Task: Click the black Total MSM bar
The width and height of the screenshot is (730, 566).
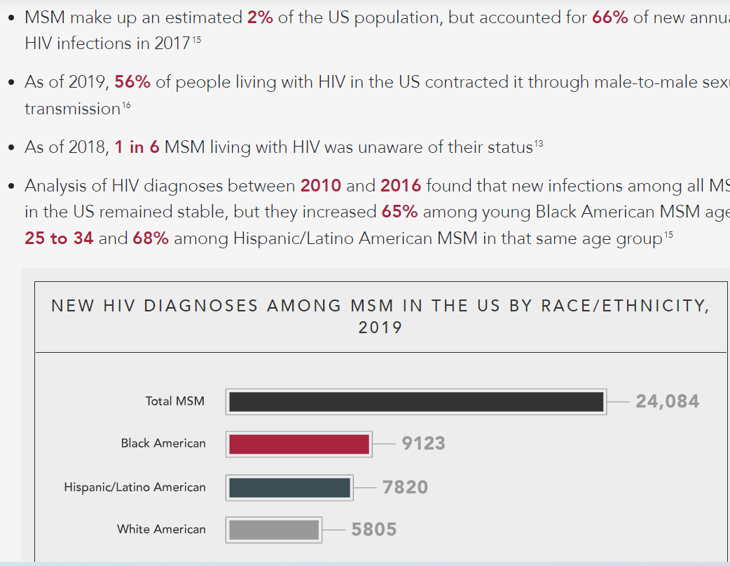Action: point(416,402)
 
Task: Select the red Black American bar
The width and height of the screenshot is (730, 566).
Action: point(299,444)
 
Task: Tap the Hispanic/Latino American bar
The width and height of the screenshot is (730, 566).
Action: point(289,487)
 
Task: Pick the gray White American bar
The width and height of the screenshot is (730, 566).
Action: point(274,530)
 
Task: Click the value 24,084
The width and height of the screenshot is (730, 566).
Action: point(667,401)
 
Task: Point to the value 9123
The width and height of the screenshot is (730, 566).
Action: point(423,444)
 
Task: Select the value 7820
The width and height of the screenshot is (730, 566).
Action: point(405,487)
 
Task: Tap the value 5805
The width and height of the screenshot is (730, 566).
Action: point(374,530)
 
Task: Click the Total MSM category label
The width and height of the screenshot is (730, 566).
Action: point(175,401)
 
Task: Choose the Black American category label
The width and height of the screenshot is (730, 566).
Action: point(163,443)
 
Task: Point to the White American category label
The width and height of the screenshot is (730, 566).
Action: point(161,530)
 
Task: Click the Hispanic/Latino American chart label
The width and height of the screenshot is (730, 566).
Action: point(135,487)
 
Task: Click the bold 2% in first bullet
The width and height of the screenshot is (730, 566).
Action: point(260,17)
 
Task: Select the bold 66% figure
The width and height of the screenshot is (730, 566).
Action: point(610,17)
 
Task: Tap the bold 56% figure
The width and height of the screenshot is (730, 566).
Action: point(132,82)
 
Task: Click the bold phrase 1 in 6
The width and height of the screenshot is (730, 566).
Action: point(137,147)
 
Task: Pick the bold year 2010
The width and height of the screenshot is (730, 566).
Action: point(321,186)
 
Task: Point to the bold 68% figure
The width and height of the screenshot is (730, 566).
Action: point(151,238)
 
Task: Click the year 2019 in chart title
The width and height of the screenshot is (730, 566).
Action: point(380,328)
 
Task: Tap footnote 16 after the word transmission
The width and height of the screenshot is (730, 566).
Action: point(126,106)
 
